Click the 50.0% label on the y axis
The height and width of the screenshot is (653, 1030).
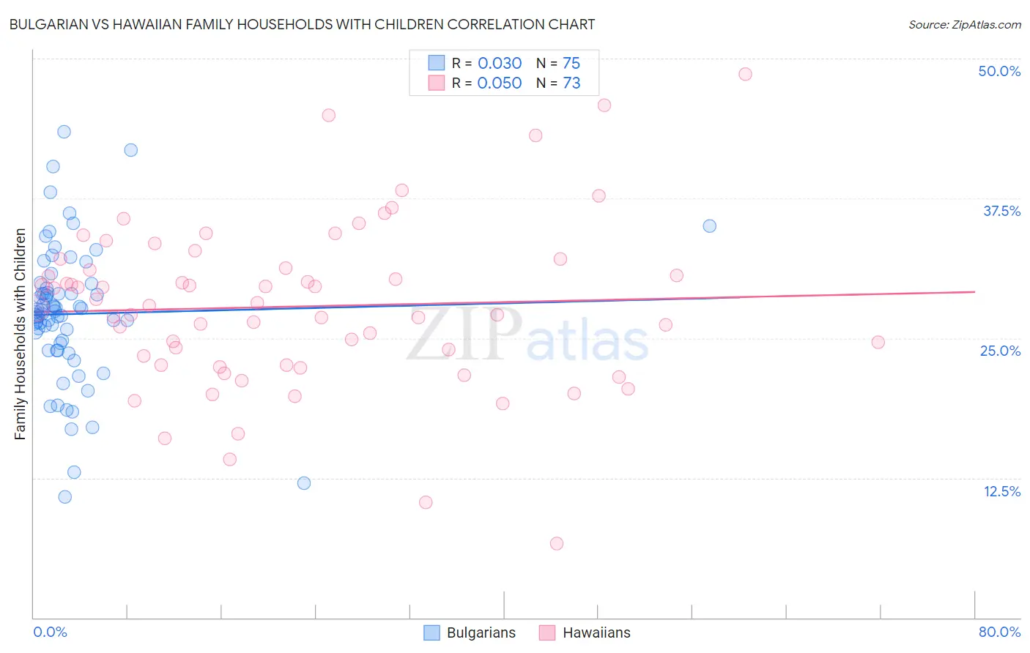point(999,71)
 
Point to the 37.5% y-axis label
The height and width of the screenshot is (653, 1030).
point(1001,211)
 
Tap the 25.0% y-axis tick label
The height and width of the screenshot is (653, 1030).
point(1000,351)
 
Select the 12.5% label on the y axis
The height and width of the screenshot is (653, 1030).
point(1001,491)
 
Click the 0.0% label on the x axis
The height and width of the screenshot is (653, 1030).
point(50,632)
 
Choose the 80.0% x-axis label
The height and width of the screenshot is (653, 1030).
point(999,632)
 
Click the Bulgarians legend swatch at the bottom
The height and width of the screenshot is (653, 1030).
point(432,633)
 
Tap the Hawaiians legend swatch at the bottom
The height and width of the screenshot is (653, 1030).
point(547,633)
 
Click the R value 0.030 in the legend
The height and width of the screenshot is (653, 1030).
point(500,63)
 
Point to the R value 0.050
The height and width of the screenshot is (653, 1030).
point(500,83)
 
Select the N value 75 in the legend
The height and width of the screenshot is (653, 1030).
point(571,63)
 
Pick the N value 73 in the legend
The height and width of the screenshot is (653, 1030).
point(571,83)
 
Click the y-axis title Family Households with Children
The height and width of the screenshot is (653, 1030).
point(20,334)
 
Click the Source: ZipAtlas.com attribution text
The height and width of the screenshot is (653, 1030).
point(965,25)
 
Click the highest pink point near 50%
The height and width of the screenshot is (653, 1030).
point(745,74)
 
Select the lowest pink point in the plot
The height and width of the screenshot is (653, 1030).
point(557,543)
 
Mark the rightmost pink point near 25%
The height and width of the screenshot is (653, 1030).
point(878,342)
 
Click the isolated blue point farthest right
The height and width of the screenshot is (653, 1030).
point(709,225)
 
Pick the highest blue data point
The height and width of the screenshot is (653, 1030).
point(64,132)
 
